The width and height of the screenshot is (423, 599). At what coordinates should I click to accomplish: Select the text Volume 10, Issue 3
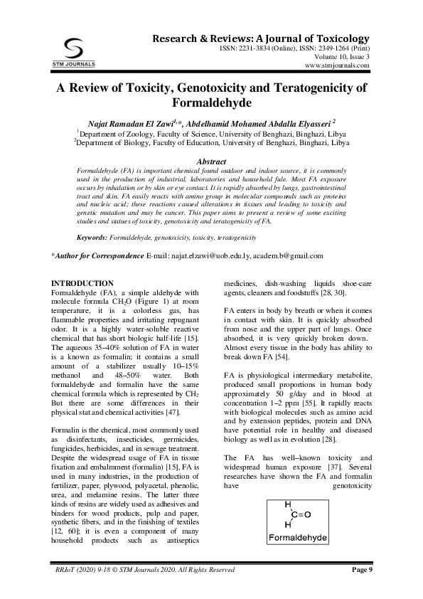point(337,55)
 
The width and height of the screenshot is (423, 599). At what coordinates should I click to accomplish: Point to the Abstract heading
point(211,162)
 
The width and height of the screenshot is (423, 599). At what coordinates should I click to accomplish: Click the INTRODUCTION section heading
point(83,283)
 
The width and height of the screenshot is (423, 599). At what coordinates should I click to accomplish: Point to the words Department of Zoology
point(113,133)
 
